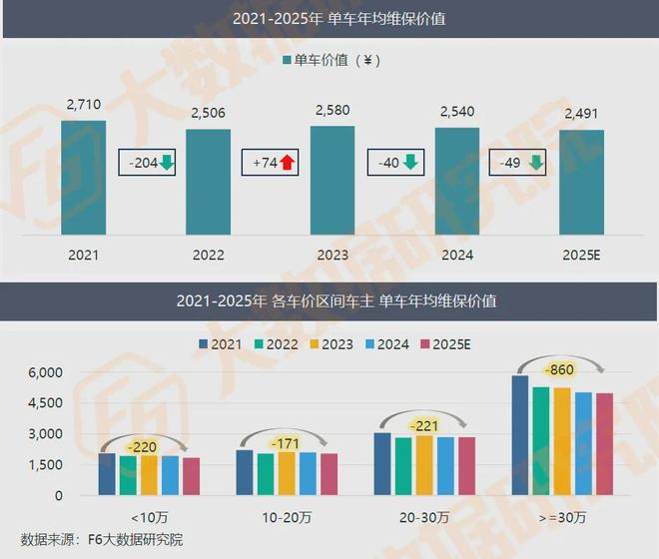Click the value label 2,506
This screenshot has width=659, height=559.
point(208,111)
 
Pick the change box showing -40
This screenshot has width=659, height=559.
point(395,163)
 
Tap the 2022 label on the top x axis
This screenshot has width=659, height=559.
point(208,255)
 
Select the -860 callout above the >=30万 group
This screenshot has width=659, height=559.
point(562,370)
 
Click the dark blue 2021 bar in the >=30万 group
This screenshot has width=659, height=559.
point(519,435)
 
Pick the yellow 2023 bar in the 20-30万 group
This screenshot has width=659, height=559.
point(423,465)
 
